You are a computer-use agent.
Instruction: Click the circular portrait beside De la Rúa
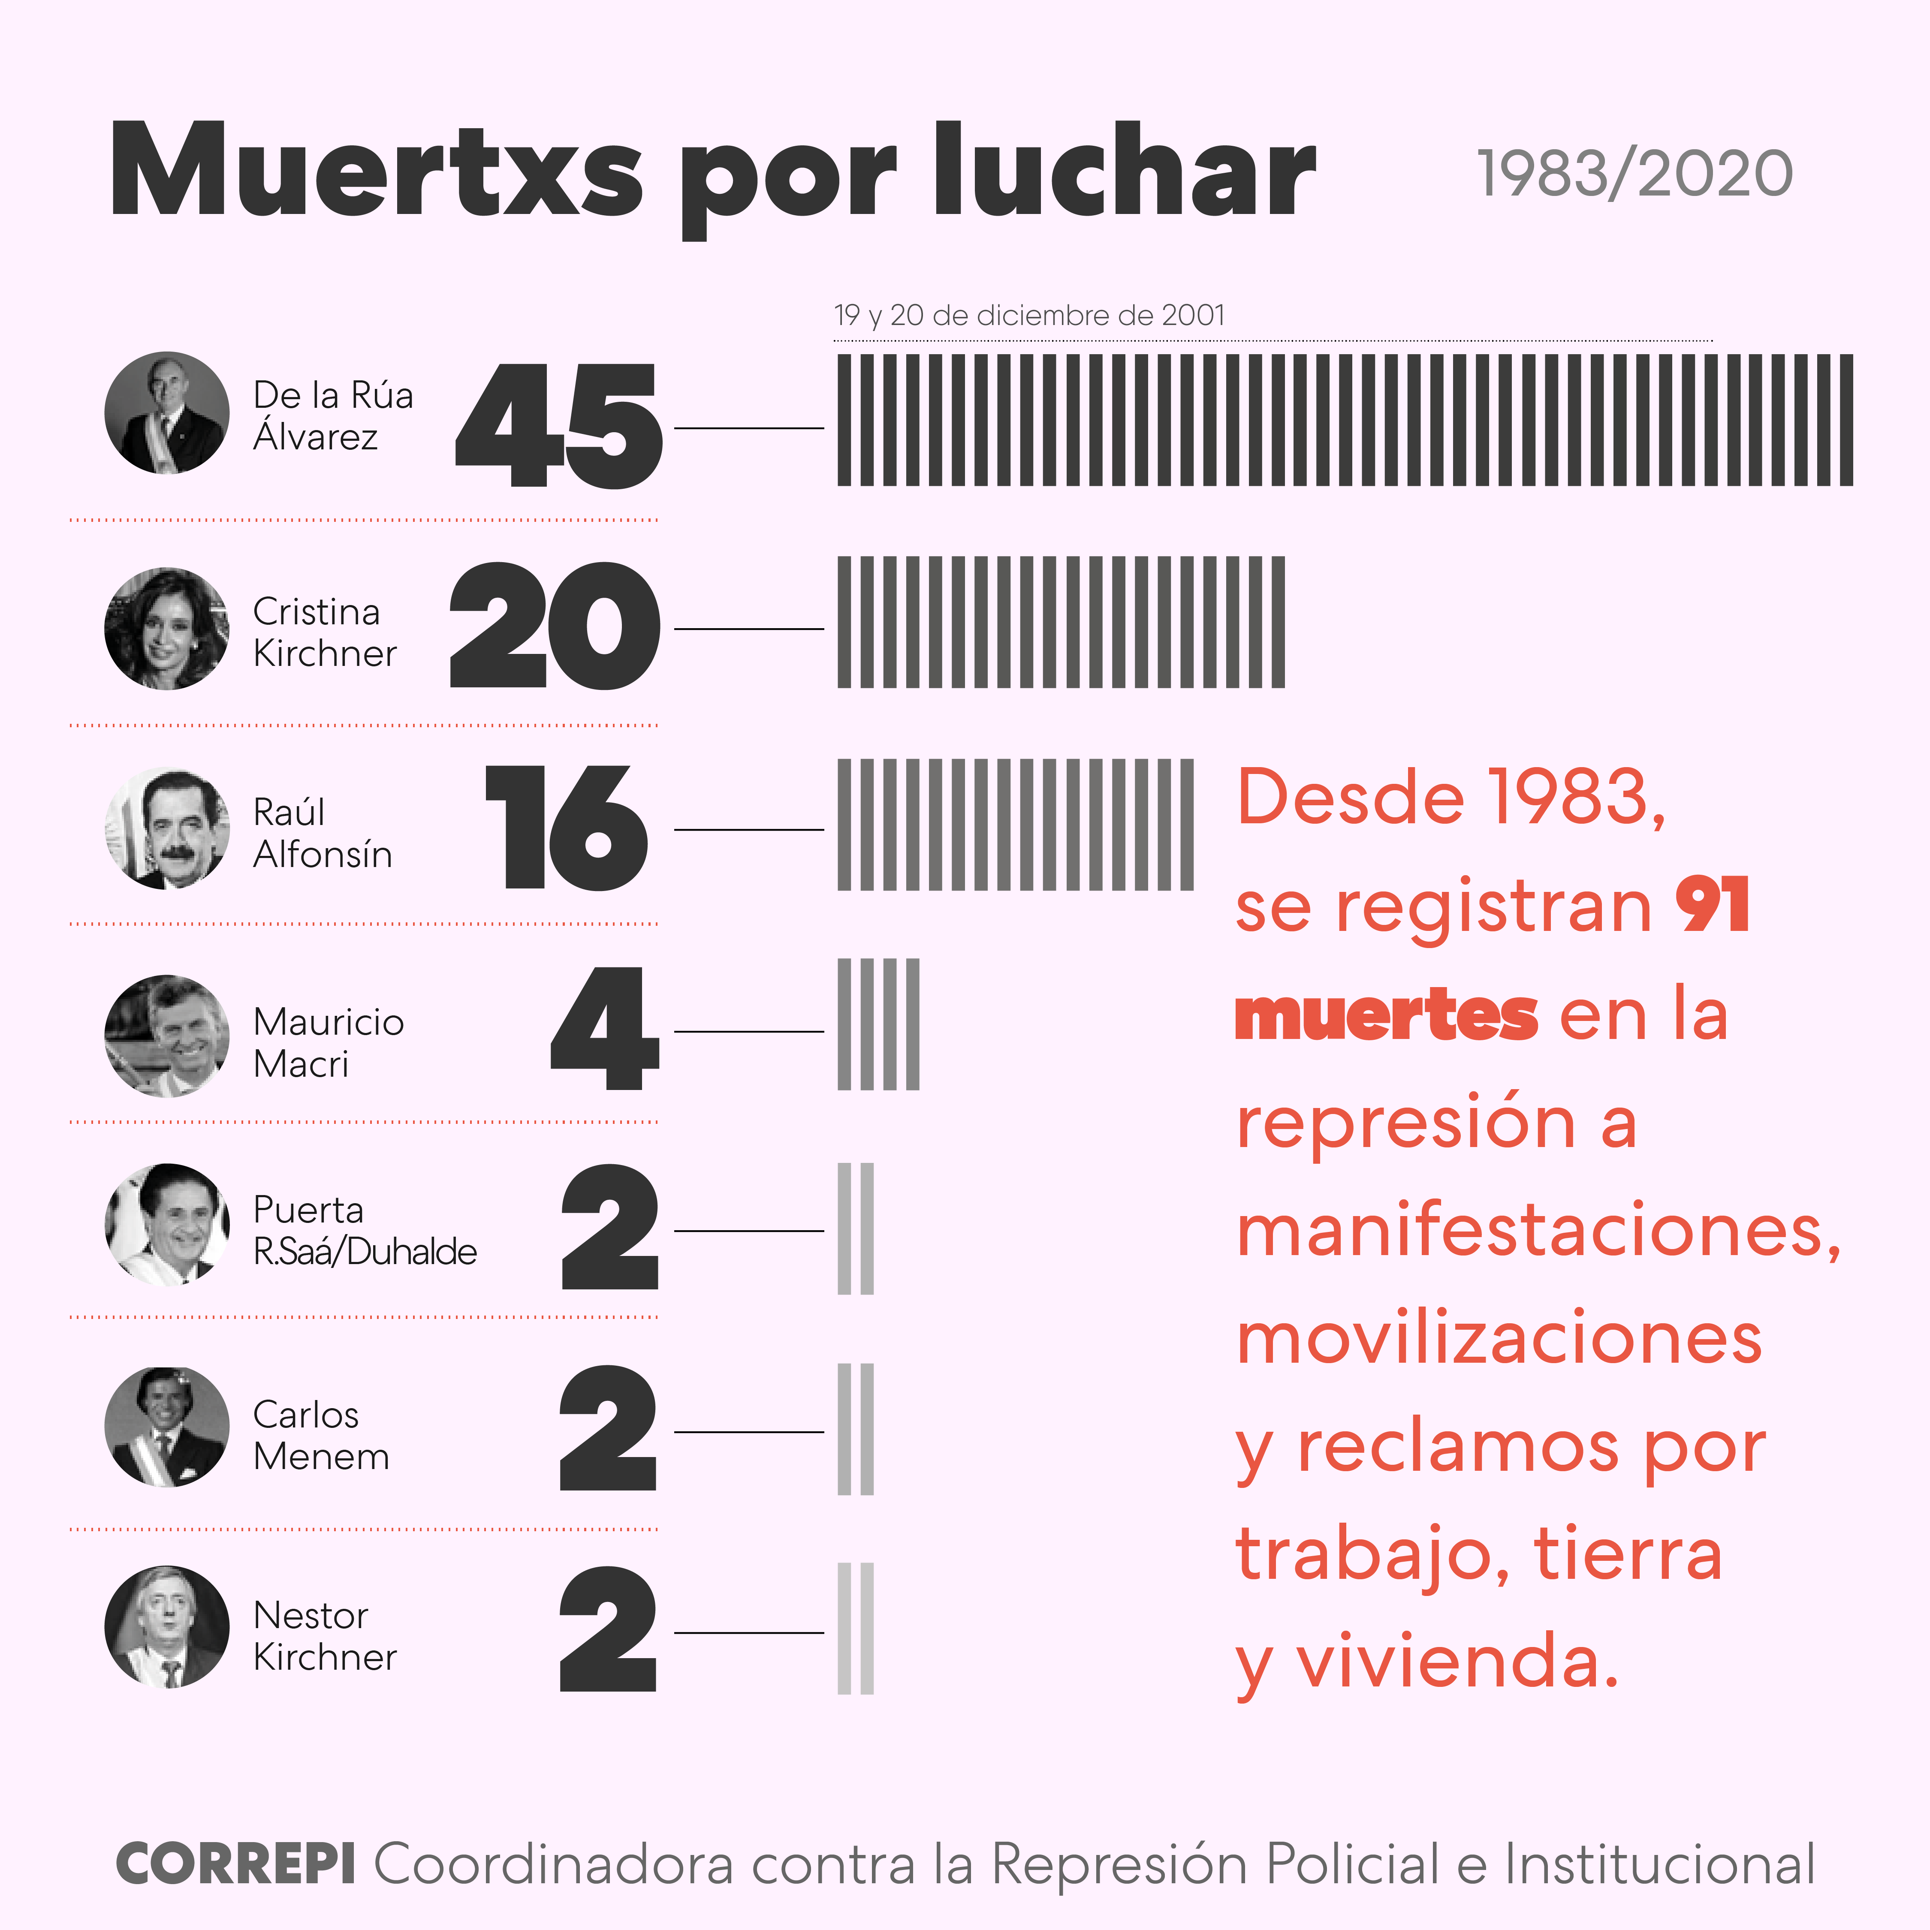[x=167, y=412]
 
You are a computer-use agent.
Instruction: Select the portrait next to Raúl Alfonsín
[x=167, y=828]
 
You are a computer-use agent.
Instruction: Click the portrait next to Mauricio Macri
[x=167, y=1036]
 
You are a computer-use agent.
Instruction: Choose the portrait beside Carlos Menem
[x=167, y=1427]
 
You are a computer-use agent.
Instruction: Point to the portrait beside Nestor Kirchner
[x=167, y=1627]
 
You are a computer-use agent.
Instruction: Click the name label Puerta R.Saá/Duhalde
[x=364, y=1231]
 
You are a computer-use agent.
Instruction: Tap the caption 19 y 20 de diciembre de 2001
[x=1029, y=316]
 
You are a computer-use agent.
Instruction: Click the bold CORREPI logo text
[x=236, y=1864]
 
